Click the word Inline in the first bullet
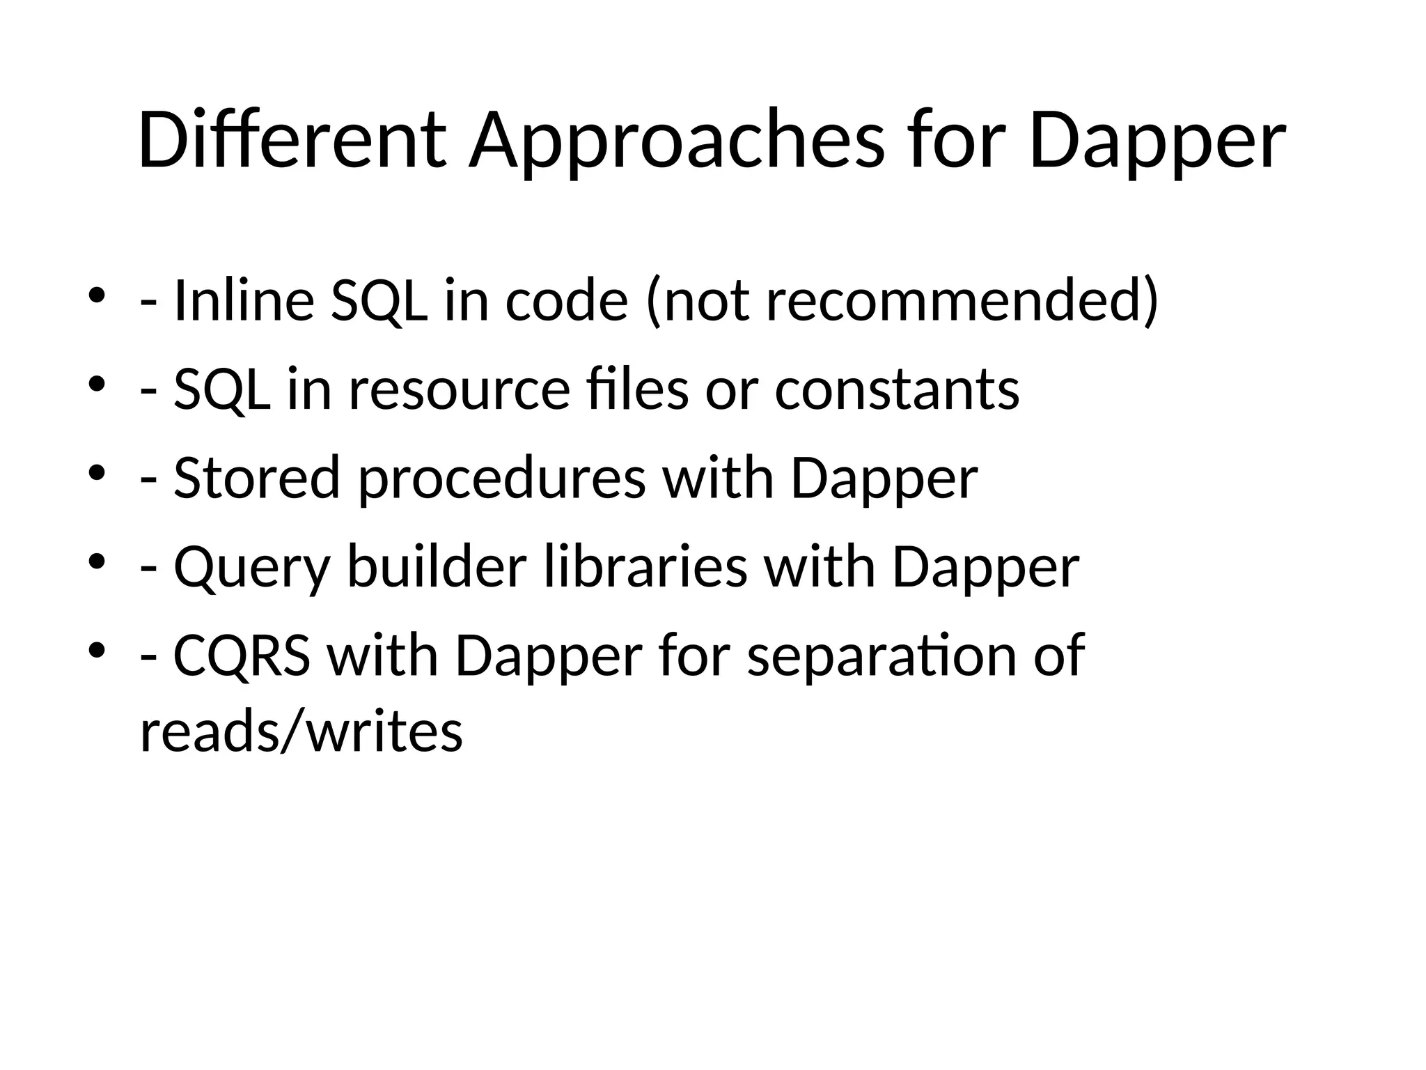click(244, 300)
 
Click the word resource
click(460, 389)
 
